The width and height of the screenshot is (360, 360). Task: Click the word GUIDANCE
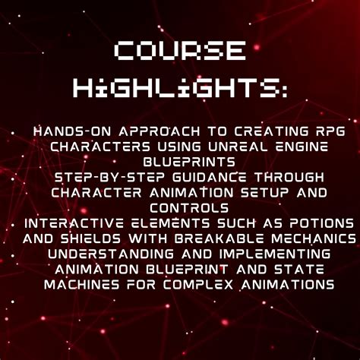pyautogui.click(x=188, y=177)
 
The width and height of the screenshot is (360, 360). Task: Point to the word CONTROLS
pyautogui.click(x=181, y=207)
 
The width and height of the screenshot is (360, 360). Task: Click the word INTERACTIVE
pyautogui.click(x=74, y=223)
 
